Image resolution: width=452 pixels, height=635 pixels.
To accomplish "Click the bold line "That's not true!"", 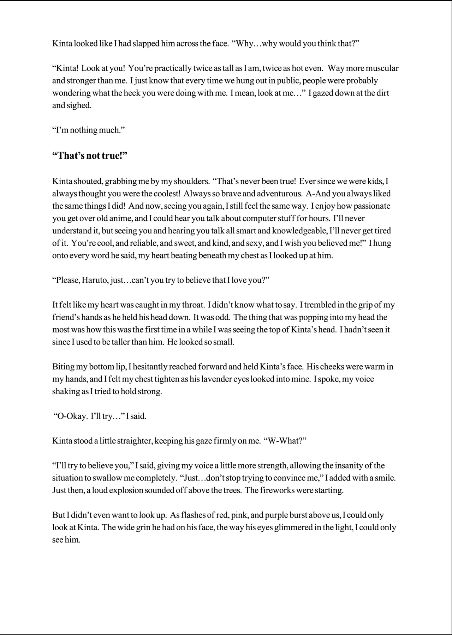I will click(x=90, y=155).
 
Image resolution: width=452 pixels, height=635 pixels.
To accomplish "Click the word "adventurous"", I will click(x=279, y=194).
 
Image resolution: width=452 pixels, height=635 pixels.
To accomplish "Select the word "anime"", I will click(x=122, y=219).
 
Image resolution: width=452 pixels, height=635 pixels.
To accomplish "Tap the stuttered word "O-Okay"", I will click(x=70, y=416).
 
